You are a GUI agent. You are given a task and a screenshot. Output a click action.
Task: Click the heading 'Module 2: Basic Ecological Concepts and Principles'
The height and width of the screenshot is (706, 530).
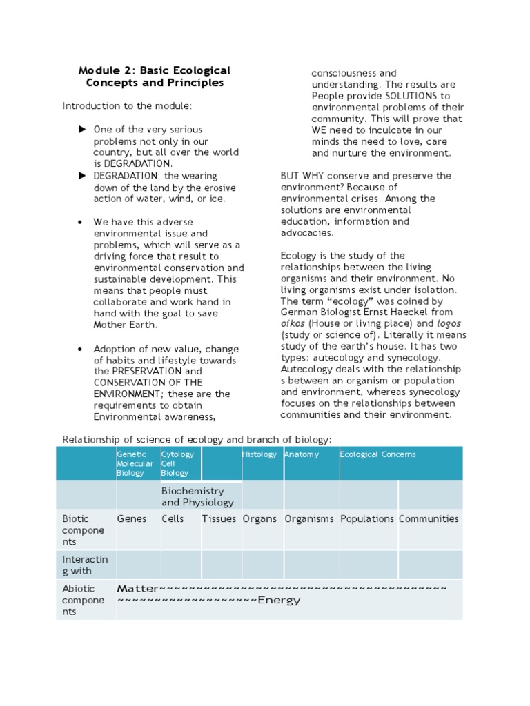pyautogui.click(x=155, y=77)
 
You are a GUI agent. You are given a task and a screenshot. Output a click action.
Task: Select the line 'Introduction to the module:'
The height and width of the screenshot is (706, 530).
pyautogui.click(x=127, y=106)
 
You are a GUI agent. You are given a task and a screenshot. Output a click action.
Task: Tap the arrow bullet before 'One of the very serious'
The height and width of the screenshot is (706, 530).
pyautogui.click(x=82, y=130)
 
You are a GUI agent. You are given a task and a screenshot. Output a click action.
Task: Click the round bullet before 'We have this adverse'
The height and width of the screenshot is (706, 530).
pyautogui.click(x=81, y=222)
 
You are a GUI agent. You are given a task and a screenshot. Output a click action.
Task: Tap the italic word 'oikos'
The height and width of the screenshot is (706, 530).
pyautogui.click(x=293, y=323)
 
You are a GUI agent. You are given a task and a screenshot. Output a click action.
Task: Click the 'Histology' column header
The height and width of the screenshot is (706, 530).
pyautogui.click(x=259, y=454)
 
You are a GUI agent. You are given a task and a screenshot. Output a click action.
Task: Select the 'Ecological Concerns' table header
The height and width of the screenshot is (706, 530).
pyautogui.click(x=378, y=454)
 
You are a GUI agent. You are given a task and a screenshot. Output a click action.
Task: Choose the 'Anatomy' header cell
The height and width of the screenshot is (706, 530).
pyautogui.click(x=302, y=454)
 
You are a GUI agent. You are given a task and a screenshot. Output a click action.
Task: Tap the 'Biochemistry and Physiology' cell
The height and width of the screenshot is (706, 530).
pyautogui.click(x=197, y=496)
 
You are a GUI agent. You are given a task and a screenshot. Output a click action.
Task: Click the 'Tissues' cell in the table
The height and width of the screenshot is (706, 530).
pyautogui.click(x=219, y=519)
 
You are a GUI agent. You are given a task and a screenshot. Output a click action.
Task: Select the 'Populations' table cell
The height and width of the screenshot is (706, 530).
pyautogui.click(x=367, y=519)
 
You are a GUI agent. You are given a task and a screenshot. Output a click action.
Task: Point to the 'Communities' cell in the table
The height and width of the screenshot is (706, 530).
pyautogui.click(x=429, y=519)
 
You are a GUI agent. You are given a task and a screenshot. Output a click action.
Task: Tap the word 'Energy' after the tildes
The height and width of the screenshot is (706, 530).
pyautogui.click(x=279, y=601)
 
